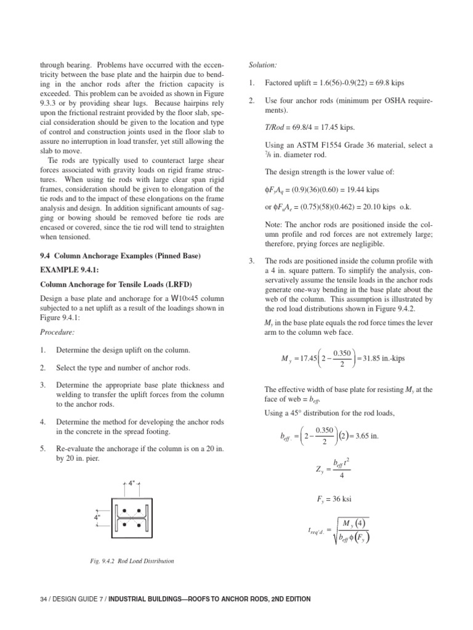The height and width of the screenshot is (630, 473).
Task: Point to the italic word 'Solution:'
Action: pos(263,64)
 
